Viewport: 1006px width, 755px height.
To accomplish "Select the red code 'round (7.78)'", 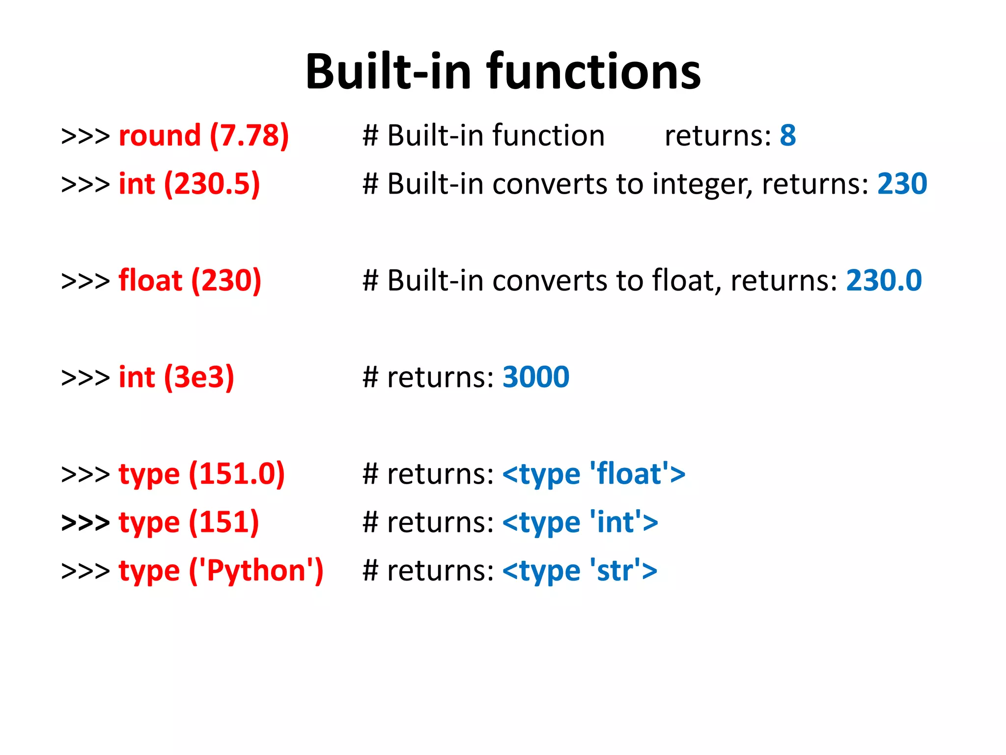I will coord(203,136).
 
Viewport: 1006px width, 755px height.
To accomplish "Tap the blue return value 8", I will coord(787,136).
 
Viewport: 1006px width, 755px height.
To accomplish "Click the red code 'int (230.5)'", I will coord(189,184).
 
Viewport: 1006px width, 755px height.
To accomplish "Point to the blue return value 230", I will coord(902,184).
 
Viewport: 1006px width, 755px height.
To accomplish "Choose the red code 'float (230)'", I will coord(190,281).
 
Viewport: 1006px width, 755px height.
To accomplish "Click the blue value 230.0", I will coord(883,281).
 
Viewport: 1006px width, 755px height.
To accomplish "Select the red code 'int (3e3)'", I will coord(176,377).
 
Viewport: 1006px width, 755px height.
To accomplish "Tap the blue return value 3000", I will coord(535,377).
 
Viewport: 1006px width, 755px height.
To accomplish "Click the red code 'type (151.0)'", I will coord(201,474).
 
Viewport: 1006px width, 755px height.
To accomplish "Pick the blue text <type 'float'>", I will coord(593,474).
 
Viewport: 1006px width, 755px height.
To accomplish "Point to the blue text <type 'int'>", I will coord(580,523).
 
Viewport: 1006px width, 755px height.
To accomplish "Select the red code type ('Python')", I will coord(221,571).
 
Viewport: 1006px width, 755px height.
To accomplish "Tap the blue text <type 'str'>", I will coord(580,571).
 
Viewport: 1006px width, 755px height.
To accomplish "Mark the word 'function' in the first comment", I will coord(548,136).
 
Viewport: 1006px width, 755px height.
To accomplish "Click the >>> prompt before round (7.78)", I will coord(85,136).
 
